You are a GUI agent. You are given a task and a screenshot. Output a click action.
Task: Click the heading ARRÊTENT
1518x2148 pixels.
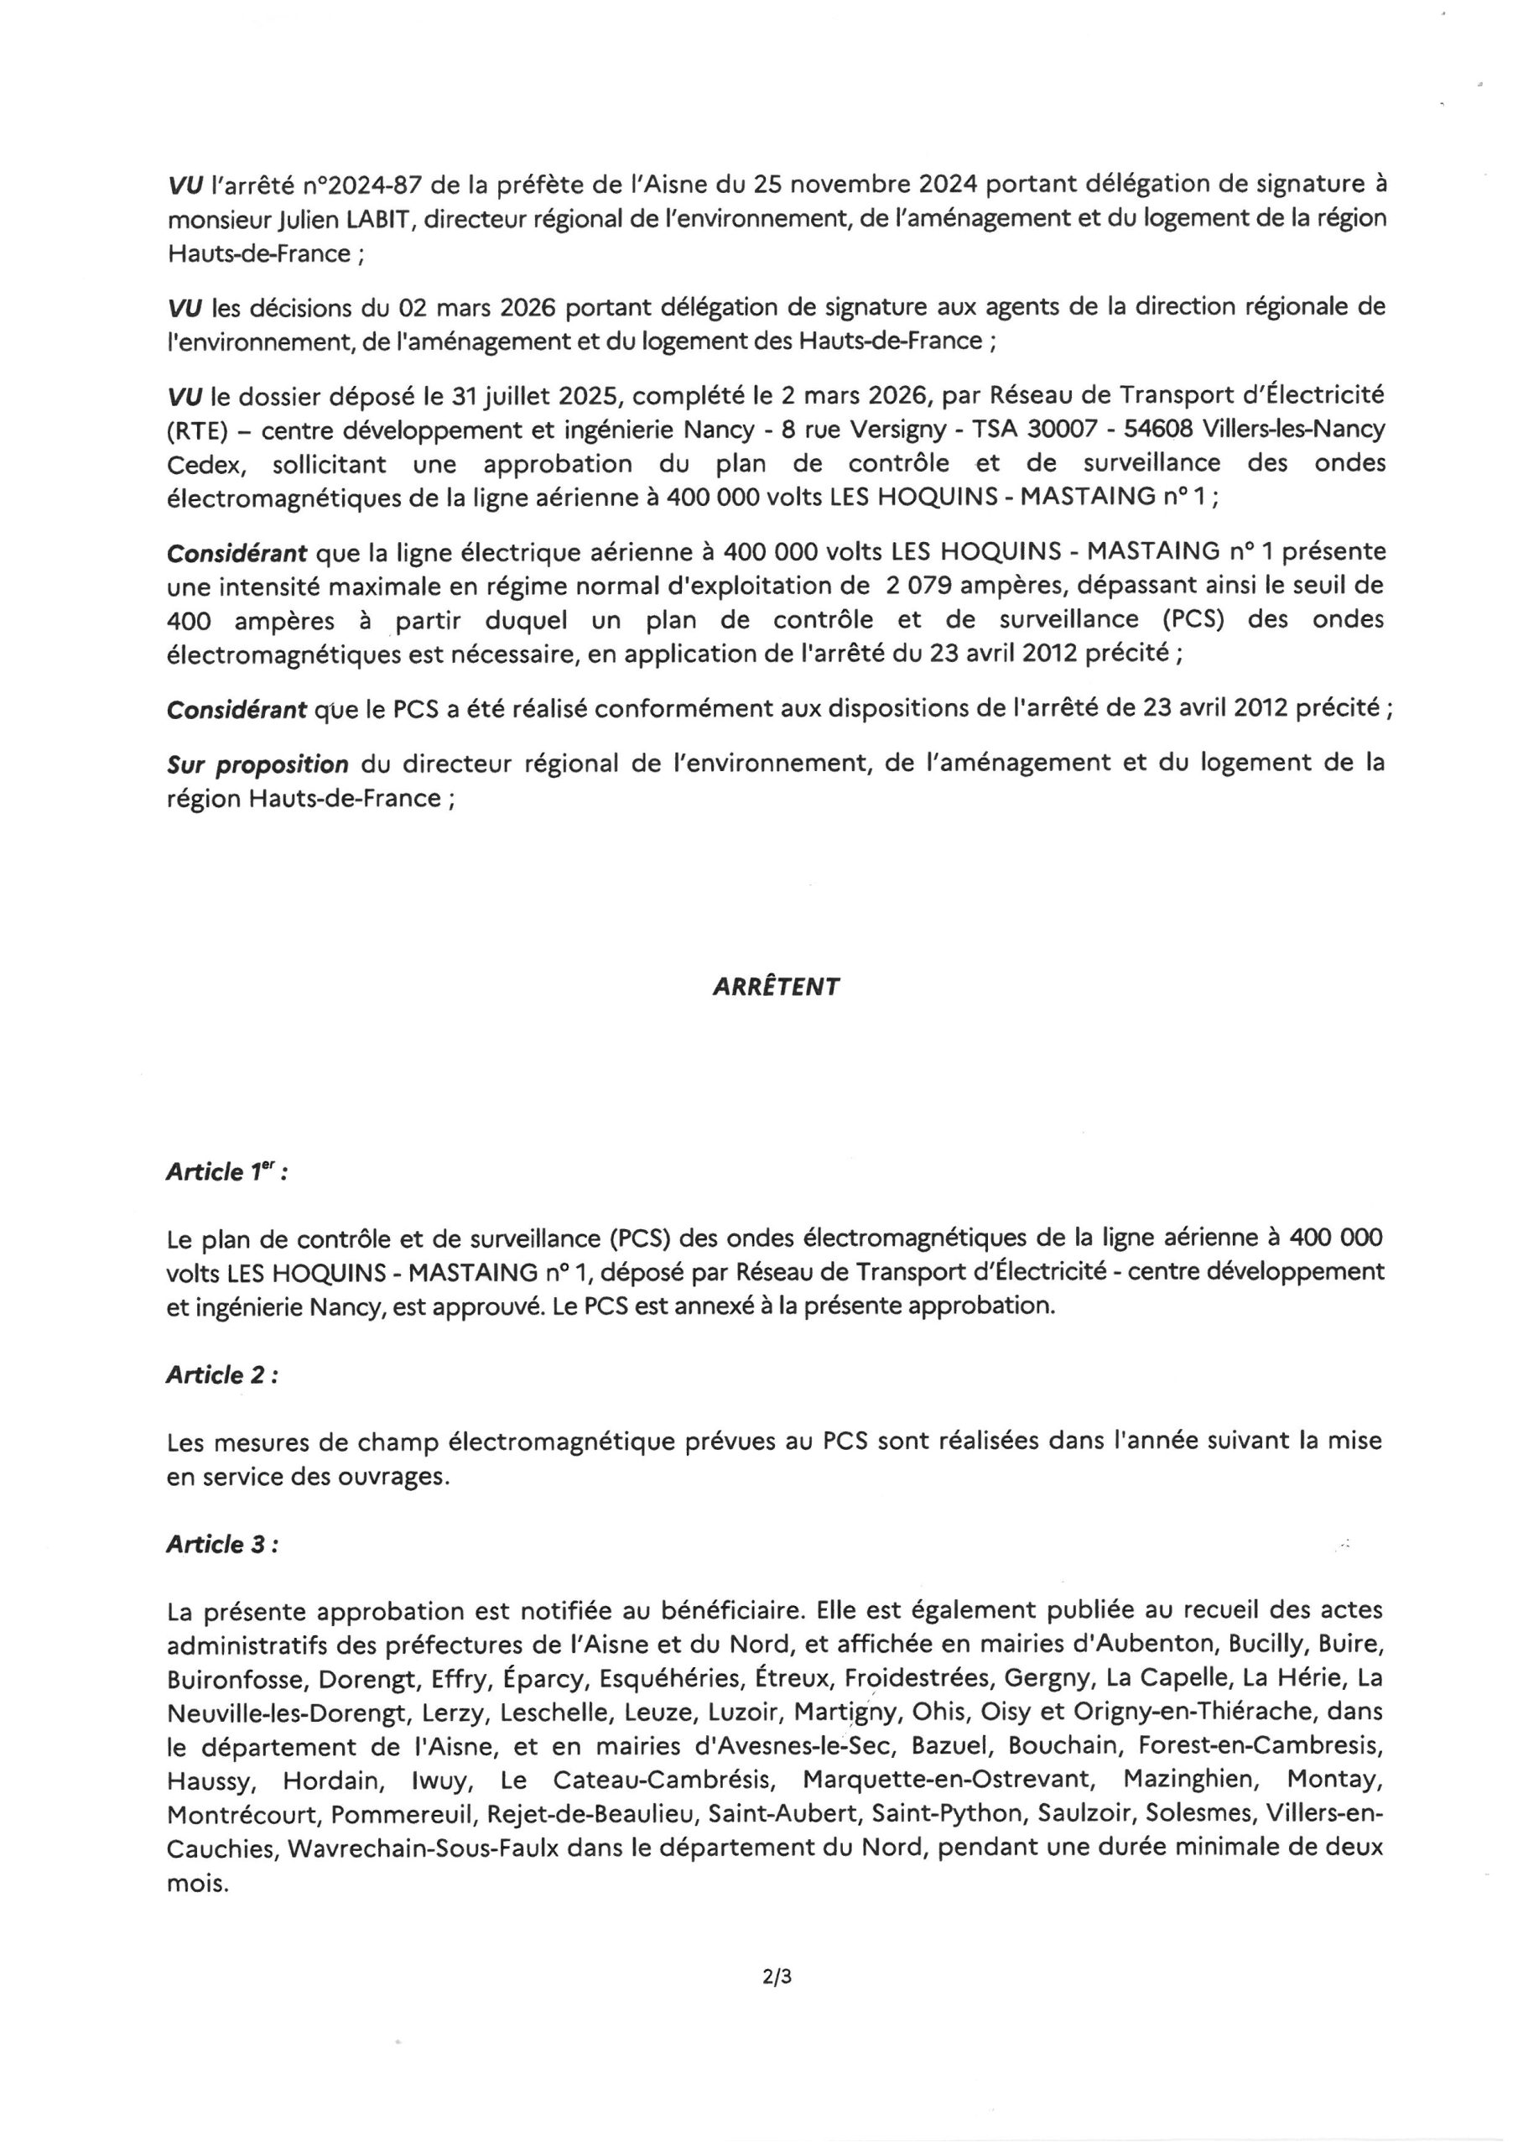pyautogui.click(x=776, y=987)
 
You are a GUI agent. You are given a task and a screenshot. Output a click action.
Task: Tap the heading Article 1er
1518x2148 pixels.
pyautogui.click(x=226, y=1172)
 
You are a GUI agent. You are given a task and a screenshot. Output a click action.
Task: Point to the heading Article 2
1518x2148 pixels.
pyautogui.click(x=221, y=1374)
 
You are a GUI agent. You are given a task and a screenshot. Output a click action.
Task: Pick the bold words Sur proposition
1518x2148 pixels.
pyautogui.click(x=257, y=764)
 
